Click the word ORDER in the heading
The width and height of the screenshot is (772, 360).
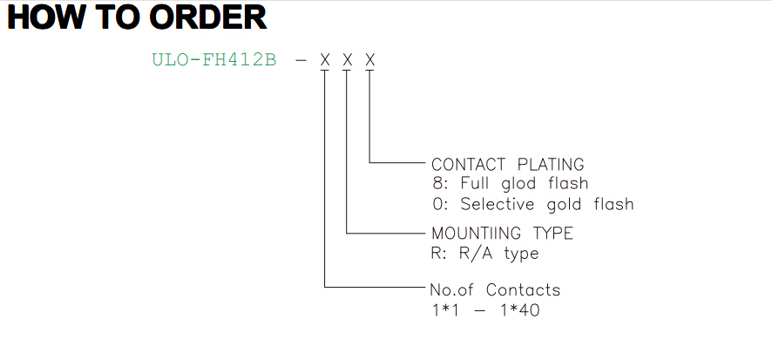coord(207,17)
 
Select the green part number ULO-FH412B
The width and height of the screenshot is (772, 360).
coord(214,60)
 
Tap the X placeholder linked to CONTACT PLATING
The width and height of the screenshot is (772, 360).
coord(370,60)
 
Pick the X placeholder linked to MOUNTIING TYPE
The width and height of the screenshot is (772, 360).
coord(348,60)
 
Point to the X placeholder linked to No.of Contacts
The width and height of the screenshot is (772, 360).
coord(325,60)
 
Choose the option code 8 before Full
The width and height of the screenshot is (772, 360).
coord(437,184)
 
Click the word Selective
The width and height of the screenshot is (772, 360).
coord(498,204)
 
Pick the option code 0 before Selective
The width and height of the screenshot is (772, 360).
coord(437,204)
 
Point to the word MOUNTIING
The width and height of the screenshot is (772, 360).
coord(476,233)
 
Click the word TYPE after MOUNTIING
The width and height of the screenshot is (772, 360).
coord(553,233)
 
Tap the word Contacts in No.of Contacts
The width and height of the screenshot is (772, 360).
coord(523,290)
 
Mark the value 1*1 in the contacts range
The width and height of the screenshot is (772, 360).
coord(444,310)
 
